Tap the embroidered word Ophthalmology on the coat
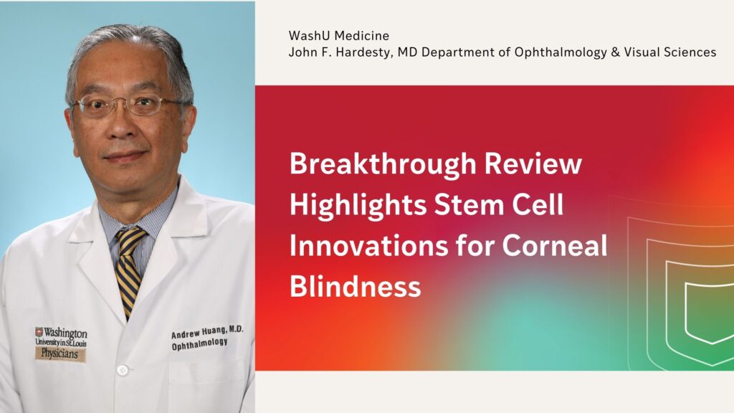tap(200, 344)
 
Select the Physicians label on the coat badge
tap(62, 354)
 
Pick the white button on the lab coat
tap(122, 370)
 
